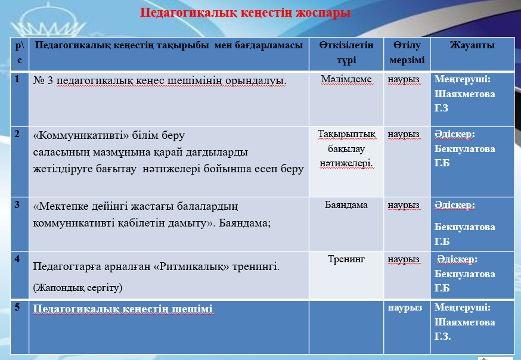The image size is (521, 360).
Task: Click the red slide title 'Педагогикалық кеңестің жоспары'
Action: point(245,13)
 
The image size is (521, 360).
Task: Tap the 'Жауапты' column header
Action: point(472,45)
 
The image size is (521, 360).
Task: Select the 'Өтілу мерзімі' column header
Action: point(407,52)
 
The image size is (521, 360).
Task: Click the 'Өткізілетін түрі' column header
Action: point(346,52)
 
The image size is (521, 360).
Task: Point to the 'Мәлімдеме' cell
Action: point(346,79)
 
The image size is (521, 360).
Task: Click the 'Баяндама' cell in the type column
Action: point(346,204)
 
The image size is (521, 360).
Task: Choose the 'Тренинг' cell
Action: point(346,259)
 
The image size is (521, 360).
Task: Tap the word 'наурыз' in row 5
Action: point(405,308)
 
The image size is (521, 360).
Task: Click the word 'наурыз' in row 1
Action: point(404,80)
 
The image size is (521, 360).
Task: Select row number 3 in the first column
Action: point(17,204)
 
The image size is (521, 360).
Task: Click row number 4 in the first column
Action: point(17,259)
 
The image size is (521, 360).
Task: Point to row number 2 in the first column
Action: point(17,134)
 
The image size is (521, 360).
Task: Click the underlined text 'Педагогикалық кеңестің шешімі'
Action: point(123,309)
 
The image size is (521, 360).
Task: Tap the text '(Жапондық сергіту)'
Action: point(77,287)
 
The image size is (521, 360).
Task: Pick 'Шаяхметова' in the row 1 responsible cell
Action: point(465,94)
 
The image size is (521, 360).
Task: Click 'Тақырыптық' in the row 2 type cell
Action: point(346,134)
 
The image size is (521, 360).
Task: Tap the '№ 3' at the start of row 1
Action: point(43,80)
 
